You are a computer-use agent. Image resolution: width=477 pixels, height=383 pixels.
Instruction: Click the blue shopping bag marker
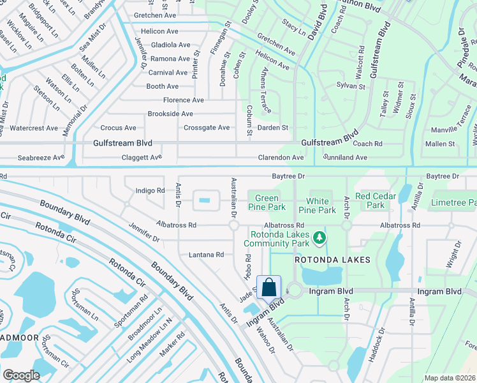[268, 287]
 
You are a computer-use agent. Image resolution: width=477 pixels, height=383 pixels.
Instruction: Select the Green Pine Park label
[267, 202]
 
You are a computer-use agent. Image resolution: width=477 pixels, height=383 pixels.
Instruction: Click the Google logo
[21, 375]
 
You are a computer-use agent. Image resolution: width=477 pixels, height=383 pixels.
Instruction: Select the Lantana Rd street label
[206, 255]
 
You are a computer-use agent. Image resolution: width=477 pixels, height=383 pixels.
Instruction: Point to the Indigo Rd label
[150, 190]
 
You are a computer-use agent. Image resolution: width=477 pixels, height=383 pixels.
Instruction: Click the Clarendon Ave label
[281, 157]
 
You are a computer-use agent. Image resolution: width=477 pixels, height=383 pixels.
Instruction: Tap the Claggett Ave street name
[141, 157]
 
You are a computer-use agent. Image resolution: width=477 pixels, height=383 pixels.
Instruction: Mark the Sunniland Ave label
[345, 157]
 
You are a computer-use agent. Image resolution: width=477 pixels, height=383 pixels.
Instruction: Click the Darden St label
[273, 128]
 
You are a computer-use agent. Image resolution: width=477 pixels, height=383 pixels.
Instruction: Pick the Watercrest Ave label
[34, 128]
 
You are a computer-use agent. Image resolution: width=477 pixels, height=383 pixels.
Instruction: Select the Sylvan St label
[351, 86]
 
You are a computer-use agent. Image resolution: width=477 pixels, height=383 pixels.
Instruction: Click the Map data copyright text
[450, 378]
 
